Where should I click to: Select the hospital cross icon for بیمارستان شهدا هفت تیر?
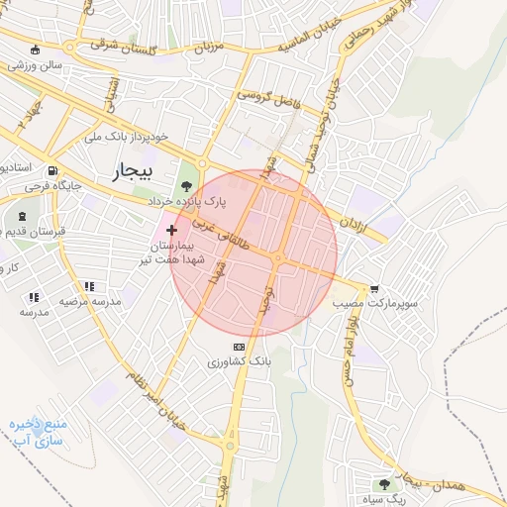172,229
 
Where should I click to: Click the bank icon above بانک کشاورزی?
237,347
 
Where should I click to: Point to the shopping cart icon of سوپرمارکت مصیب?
374,289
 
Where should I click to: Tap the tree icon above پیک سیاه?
383,483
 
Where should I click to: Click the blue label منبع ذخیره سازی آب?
36,432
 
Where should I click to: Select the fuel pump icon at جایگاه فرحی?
51,167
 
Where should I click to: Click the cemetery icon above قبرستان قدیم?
21,216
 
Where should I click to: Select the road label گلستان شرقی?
118,44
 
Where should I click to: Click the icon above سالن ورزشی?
37,50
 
